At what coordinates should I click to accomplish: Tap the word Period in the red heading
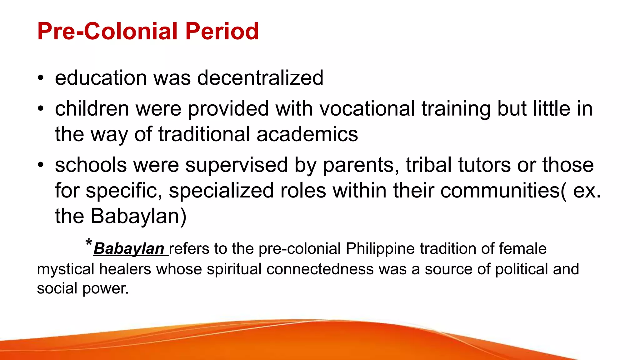[222, 31]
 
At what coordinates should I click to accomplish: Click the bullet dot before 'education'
[40, 78]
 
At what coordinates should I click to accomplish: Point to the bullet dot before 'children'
[40, 109]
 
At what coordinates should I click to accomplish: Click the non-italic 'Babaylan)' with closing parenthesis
[138, 216]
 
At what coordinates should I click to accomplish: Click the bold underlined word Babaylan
[129, 249]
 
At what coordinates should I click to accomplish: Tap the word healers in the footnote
[125, 269]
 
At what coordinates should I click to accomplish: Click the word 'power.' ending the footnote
[105, 288]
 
